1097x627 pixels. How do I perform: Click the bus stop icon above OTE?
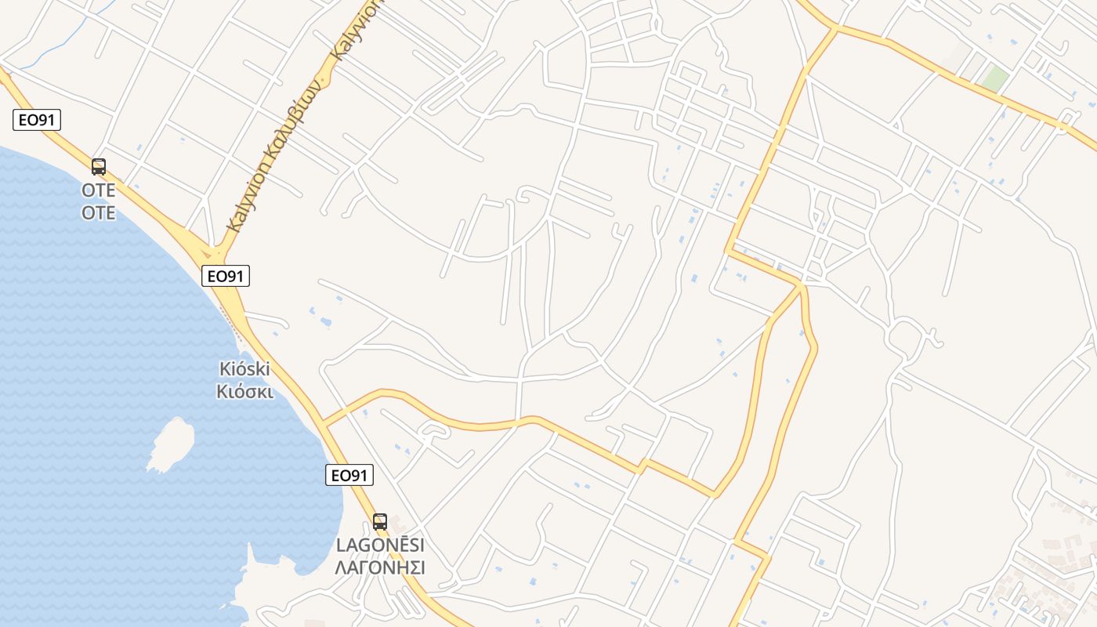tap(99, 166)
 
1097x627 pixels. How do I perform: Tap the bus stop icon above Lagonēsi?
tap(380, 521)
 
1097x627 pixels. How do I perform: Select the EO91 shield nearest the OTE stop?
tap(37, 120)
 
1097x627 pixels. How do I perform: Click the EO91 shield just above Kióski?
tap(225, 276)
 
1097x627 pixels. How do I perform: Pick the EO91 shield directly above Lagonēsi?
tap(349, 475)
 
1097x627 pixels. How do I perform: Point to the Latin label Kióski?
tap(244, 368)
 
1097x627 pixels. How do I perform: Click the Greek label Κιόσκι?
tap(244, 390)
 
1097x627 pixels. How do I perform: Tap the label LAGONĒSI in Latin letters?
tap(380, 545)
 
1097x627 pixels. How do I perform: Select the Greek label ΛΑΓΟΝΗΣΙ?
tap(380, 567)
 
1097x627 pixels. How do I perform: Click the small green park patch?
tap(994, 79)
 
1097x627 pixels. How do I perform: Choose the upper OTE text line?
tap(99, 190)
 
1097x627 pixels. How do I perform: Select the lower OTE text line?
tap(99, 212)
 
